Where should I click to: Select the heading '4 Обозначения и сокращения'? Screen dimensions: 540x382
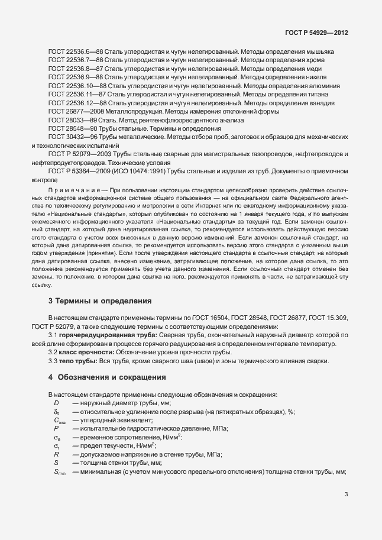point(106,377)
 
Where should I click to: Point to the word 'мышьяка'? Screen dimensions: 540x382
point(321,52)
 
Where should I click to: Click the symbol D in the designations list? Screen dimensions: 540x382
point(56,403)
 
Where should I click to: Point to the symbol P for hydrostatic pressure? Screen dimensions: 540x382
point(56,428)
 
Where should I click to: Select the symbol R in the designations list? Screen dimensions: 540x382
point(56,454)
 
